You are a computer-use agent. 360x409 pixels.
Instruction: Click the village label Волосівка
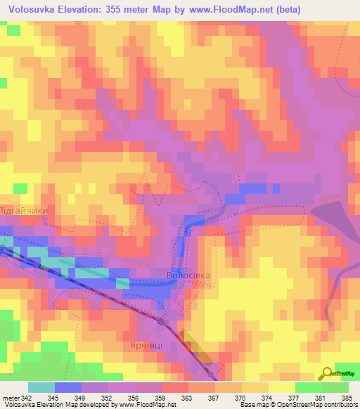[188, 275]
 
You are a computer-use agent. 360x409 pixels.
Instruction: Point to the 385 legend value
[347, 397]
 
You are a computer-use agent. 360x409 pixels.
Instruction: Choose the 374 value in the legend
[267, 397]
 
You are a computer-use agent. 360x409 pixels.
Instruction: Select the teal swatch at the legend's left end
[41, 387]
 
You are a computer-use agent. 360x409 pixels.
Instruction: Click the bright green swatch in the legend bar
[309, 387]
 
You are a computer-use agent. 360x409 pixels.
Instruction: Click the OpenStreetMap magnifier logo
[328, 372]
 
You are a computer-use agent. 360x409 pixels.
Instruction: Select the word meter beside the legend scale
[9, 397]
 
